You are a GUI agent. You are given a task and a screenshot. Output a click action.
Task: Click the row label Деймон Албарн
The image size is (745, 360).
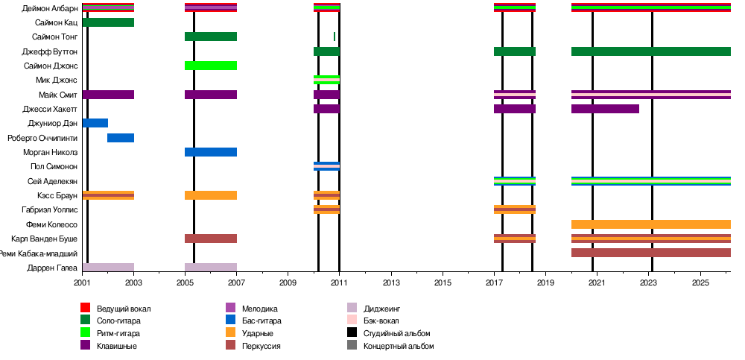[51, 8]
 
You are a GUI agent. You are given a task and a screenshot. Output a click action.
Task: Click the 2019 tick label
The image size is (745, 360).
[545, 283]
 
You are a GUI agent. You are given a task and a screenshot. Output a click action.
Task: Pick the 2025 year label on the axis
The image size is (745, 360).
[700, 283]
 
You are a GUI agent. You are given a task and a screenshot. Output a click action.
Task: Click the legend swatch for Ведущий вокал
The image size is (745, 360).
[85, 308]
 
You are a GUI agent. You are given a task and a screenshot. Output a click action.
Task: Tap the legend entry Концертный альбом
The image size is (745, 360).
[399, 346]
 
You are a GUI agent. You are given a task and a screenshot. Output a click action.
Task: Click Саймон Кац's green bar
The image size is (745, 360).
[109, 22]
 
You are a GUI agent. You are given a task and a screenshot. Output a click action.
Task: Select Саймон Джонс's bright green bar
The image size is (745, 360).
[211, 66]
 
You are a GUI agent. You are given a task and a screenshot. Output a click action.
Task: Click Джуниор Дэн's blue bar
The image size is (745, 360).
[95, 123]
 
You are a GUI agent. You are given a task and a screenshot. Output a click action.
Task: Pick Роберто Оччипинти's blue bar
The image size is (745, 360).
[121, 138]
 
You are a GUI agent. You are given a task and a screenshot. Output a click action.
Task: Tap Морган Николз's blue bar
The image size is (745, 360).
[211, 152]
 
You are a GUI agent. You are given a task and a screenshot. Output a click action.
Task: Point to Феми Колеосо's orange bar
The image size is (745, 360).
[651, 224]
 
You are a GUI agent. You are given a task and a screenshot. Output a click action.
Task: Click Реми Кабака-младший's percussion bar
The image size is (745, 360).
[651, 253]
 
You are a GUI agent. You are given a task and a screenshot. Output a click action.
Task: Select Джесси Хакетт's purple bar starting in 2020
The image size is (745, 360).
[605, 109]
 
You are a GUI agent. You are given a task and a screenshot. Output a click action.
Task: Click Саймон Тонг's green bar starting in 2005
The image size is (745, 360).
[211, 37]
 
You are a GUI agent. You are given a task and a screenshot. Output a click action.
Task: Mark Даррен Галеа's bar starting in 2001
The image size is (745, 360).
[109, 267]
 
